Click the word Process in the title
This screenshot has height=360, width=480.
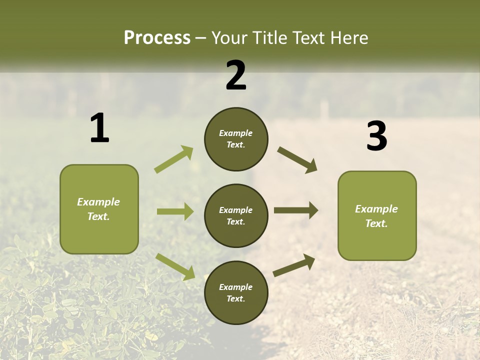pyautogui.click(x=157, y=37)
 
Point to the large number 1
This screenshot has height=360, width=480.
pyautogui.click(x=99, y=128)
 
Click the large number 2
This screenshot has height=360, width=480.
pyautogui.click(x=236, y=75)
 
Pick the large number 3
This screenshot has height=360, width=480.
pyautogui.click(x=376, y=136)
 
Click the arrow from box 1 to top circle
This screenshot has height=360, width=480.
pyautogui.click(x=174, y=159)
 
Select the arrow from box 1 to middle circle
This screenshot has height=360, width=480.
pyautogui.click(x=175, y=211)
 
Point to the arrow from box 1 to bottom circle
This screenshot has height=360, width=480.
pyautogui.click(x=175, y=266)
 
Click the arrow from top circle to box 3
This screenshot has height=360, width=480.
pyautogui.click(x=297, y=160)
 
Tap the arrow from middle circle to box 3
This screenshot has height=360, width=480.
pyautogui.click(x=296, y=210)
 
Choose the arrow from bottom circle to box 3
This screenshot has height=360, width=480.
pyautogui.click(x=294, y=265)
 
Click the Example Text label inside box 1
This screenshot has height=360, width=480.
pyautogui.click(x=98, y=209)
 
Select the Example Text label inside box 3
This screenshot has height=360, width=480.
pyautogui.click(x=376, y=216)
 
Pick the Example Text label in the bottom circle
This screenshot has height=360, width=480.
pyautogui.click(x=236, y=293)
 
